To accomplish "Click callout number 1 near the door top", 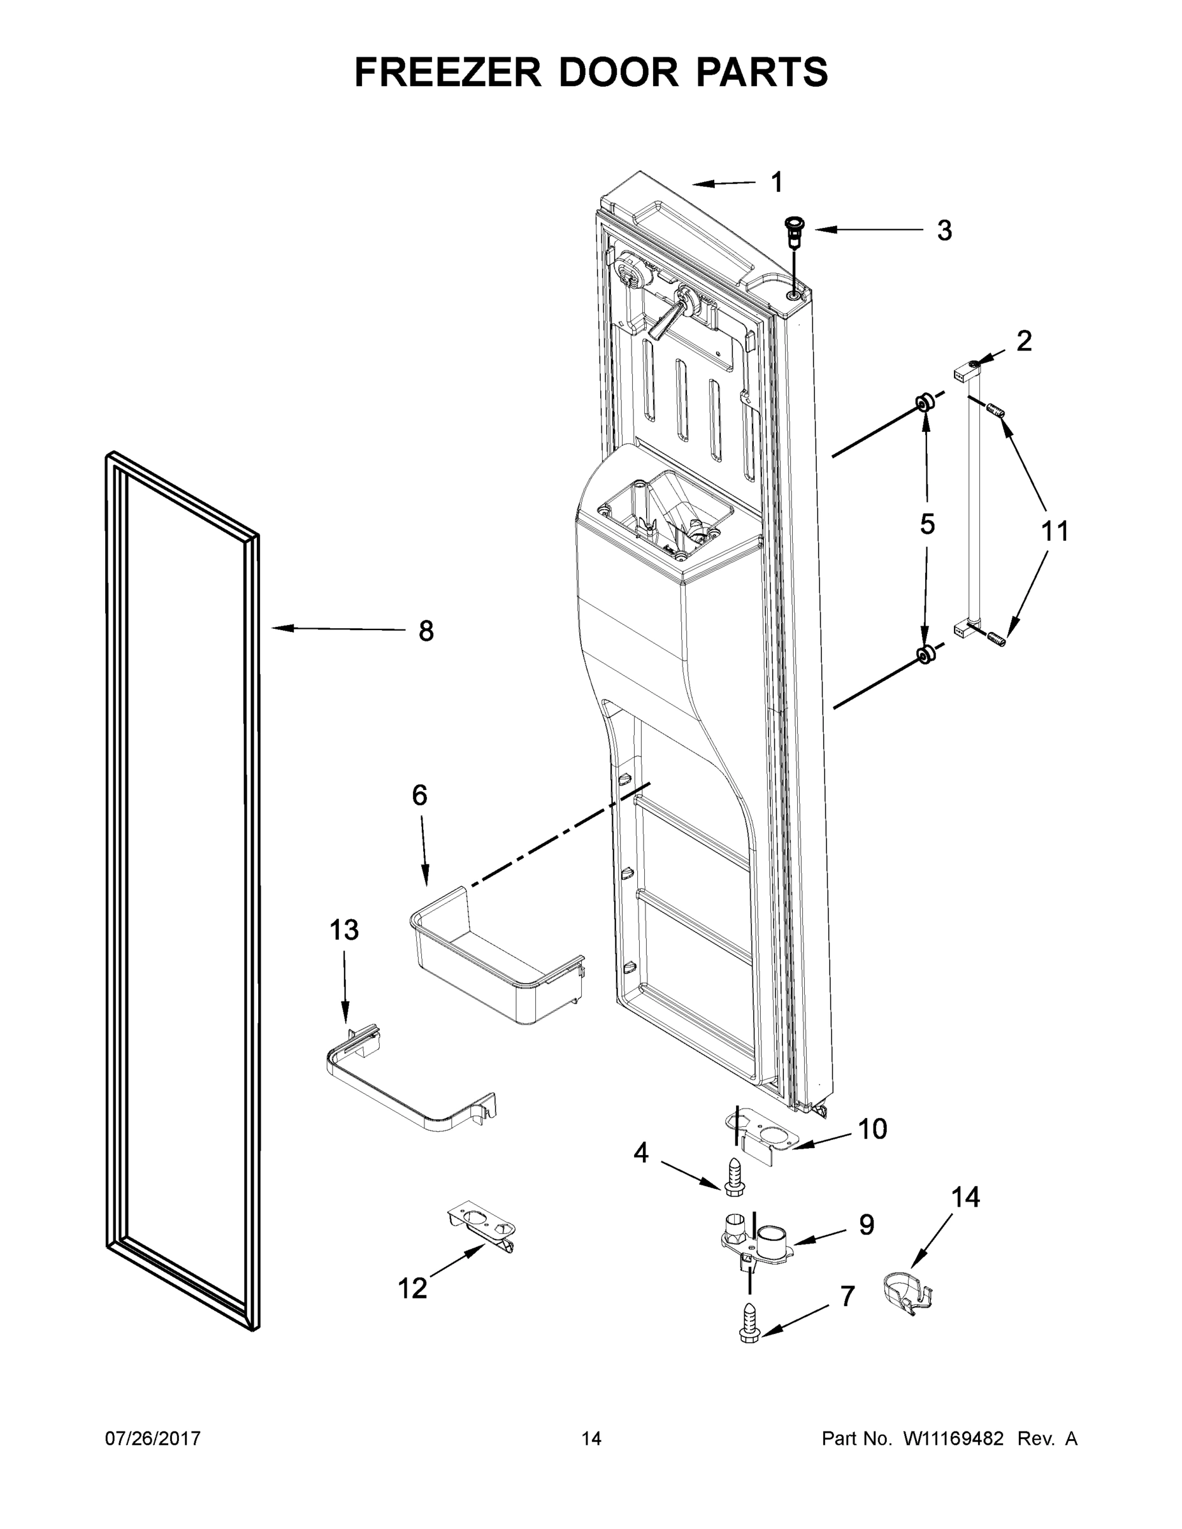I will pyautogui.click(x=776, y=183).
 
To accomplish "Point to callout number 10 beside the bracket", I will pyautogui.click(x=872, y=1128).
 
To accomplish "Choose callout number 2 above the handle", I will pyautogui.click(x=1024, y=341).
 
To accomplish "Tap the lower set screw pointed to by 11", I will pyautogui.click(x=995, y=638).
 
